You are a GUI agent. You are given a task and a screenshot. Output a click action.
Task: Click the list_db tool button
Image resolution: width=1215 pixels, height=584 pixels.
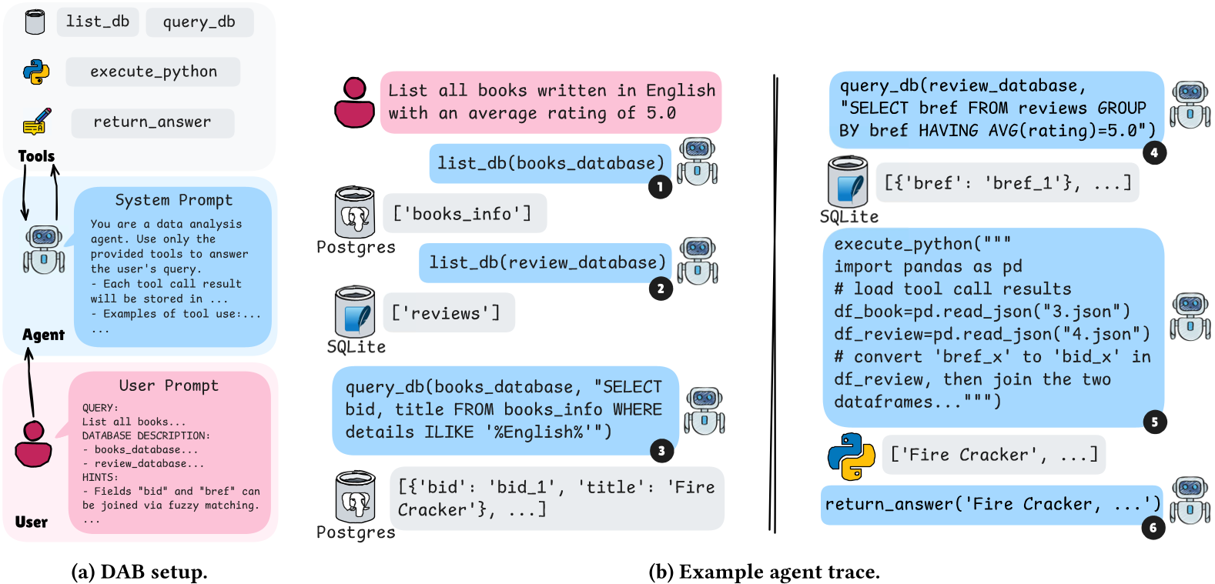point(98,22)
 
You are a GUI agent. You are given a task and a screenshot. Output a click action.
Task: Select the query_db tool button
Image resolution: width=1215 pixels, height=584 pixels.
point(199,22)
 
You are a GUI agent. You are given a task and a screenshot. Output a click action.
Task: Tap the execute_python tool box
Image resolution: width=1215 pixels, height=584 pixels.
point(153,72)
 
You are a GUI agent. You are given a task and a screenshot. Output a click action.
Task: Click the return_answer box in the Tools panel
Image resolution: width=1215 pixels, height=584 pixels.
point(152,122)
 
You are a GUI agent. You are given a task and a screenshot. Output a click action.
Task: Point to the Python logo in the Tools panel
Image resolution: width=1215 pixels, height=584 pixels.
point(36,72)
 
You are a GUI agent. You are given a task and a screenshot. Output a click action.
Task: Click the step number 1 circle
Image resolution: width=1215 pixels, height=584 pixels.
point(660,187)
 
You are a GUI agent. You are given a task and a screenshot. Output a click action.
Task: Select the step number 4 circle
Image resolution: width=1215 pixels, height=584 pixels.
point(1153,152)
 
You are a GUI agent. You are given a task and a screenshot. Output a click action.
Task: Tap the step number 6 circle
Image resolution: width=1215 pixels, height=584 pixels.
point(1153,528)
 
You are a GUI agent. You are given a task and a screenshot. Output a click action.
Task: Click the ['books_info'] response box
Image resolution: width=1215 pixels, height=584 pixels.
point(464,214)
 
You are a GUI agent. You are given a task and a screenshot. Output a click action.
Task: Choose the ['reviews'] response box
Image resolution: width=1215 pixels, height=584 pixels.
point(447,313)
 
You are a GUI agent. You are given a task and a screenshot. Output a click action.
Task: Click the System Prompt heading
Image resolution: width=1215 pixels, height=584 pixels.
point(173,200)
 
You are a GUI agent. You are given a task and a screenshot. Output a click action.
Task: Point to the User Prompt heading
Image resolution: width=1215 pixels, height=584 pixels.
point(169,385)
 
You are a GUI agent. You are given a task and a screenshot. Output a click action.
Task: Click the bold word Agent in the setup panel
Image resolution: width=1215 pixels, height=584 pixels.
point(43,335)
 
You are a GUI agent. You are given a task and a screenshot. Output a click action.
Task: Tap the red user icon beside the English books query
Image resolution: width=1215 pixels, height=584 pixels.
point(354,102)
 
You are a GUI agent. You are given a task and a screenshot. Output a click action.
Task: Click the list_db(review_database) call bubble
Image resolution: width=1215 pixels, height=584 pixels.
point(546,263)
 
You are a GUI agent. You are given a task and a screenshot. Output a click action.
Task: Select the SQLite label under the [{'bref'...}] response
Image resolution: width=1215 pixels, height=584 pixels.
point(848,217)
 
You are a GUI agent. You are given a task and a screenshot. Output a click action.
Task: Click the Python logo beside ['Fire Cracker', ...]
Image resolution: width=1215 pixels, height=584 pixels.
point(851,456)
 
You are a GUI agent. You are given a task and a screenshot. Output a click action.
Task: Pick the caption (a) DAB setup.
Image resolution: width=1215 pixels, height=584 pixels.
point(139,572)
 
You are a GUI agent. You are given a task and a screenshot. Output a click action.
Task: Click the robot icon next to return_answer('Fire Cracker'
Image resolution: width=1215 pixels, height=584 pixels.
point(1190,500)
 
